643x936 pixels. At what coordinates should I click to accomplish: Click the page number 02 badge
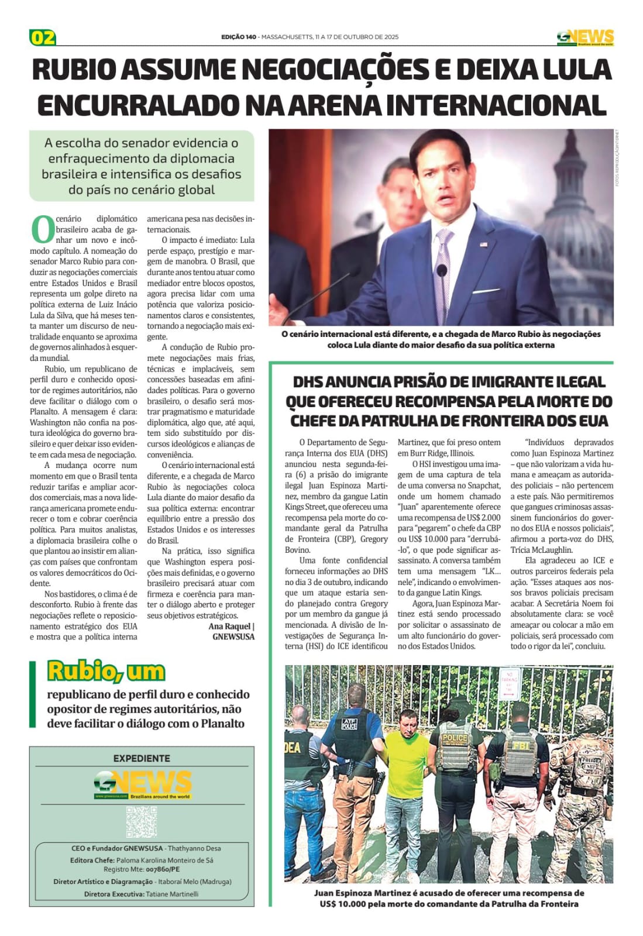click(x=43, y=37)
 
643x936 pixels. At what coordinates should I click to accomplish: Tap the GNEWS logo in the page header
click(x=585, y=37)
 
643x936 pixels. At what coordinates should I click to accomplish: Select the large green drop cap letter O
click(x=42, y=229)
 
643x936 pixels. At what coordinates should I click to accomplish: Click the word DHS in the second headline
click(x=312, y=382)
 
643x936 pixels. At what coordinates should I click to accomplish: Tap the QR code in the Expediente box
click(x=141, y=821)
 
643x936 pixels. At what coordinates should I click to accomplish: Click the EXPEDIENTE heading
click(x=142, y=758)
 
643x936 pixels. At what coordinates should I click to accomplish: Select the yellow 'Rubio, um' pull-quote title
click(x=106, y=671)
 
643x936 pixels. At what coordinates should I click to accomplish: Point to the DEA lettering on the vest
click(x=293, y=747)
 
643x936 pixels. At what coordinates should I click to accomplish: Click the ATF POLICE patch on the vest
click(x=349, y=724)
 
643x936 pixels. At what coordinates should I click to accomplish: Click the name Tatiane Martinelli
click(x=172, y=894)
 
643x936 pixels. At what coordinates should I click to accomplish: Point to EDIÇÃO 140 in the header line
click(x=239, y=37)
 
